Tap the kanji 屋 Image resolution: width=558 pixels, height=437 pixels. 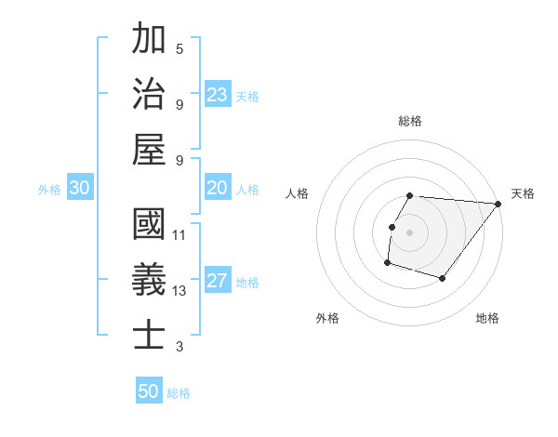[x=149, y=149]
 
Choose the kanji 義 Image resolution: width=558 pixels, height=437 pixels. [x=149, y=280]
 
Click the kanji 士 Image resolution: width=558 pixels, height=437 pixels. [x=149, y=335]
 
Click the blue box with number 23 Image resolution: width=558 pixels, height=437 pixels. [x=218, y=94]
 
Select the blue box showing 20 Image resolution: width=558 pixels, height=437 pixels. [x=218, y=189]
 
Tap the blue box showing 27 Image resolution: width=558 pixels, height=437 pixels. [x=218, y=282]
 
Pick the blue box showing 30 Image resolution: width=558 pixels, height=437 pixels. [x=79, y=189]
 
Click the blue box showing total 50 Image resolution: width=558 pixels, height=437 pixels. [x=149, y=391]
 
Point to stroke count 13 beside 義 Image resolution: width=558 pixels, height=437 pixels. [x=179, y=291]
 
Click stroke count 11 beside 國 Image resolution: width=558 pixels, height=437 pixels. [x=179, y=235]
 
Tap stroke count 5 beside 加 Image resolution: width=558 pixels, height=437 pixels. [x=179, y=48]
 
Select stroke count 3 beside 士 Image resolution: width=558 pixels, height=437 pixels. [x=179, y=347]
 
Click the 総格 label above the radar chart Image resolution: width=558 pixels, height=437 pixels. [x=409, y=121]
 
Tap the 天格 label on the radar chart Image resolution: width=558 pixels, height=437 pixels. [x=523, y=193]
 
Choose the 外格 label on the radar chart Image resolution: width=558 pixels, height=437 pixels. [x=326, y=318]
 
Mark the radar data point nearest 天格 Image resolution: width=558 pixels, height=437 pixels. [x=498, y=205]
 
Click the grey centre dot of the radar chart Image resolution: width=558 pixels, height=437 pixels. [x=409, y=232]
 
